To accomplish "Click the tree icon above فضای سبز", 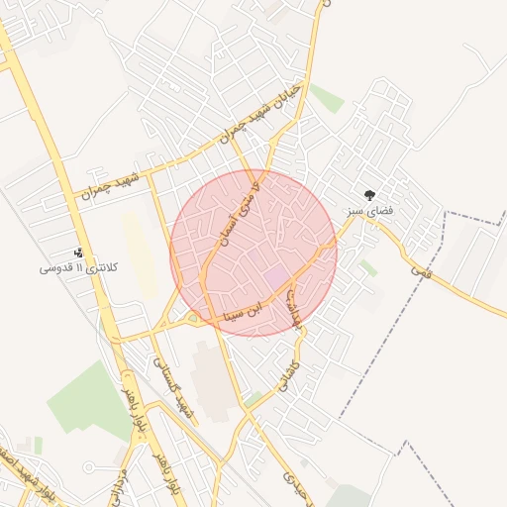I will pos(371,196).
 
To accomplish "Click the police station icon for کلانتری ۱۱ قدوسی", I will pos(79,253).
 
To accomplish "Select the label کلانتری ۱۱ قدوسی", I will pos(78,268).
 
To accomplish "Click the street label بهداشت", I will pos(296,311).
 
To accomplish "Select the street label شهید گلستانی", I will pos(169,385).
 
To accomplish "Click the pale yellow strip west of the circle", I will pos(139,253).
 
